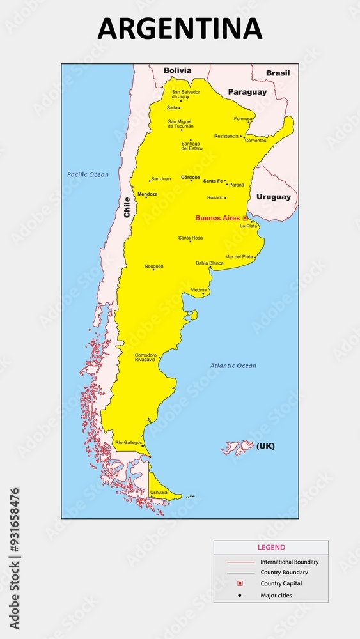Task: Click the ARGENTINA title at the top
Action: (180, 29)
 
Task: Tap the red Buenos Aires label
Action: (217, 218)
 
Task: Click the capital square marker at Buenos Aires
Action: (245, 218)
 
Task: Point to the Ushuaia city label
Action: (159, 492)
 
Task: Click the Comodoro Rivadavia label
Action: (145, 357)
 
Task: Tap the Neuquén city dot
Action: (153, 270)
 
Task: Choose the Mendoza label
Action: (147, 194)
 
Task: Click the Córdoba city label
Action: (191, 177)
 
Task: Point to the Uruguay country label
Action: (273, 197)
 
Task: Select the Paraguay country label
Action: (247, 92)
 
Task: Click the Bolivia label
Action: (177, 70)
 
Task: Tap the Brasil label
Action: (278, 73)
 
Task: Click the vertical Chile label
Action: (127, 207)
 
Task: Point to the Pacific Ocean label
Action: (88, 174)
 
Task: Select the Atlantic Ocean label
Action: (233, 366)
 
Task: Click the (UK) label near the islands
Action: (265, 446)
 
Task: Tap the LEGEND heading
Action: (271, 547)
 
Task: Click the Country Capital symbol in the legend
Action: (240, 583)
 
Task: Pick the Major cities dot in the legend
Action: (240, 596)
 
